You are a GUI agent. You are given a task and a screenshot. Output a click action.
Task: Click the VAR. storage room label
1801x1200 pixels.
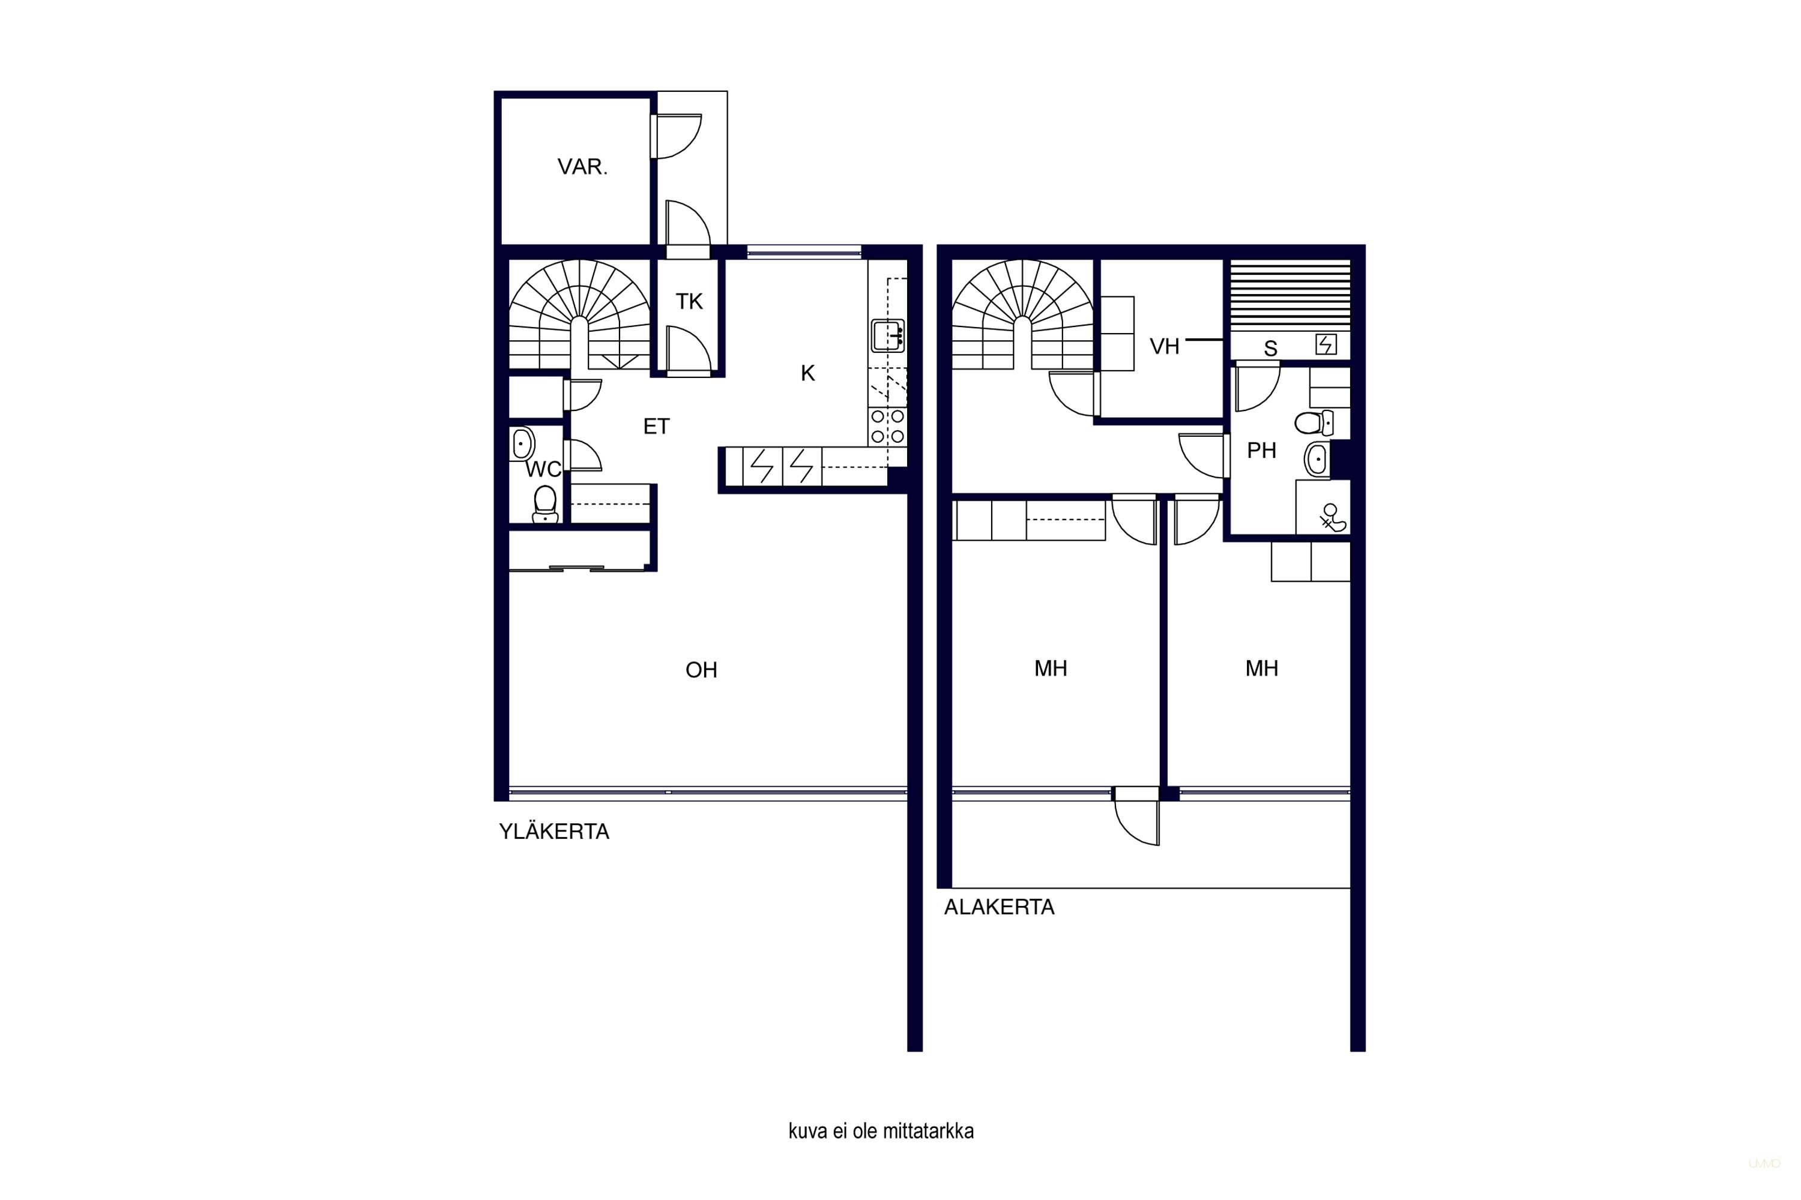(x=582, y=167)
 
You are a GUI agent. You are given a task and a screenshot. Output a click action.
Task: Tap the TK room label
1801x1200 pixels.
(x=689, y=302)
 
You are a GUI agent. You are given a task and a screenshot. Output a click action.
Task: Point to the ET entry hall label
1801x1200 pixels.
(x=656, y=426)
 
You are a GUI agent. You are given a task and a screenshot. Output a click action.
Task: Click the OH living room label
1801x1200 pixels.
(x=701, y=670)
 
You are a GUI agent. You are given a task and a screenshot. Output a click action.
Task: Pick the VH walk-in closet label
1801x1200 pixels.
(x=1164, y=347)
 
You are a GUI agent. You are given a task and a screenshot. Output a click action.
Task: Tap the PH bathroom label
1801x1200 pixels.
(x=1261, y=451)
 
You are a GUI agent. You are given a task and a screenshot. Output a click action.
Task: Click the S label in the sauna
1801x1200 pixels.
(x=1270, y=349)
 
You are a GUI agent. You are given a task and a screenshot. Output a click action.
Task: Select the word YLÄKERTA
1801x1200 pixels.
(x=554, y=831)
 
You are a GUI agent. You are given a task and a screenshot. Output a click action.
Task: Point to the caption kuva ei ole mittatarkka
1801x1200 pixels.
(x=881, y=1131)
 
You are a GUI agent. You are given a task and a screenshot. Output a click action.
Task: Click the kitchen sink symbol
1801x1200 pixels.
(x=887, y=335)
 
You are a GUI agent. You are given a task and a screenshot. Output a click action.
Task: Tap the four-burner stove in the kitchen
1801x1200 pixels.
(x=887, y=427)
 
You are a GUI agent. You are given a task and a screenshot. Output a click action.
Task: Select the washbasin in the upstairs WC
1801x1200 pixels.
(x=522, y=443)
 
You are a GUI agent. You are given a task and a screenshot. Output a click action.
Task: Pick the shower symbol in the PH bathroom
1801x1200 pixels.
(x=1332, y=518)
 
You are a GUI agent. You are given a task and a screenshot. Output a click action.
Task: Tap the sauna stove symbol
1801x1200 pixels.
(x=1326, y=344)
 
